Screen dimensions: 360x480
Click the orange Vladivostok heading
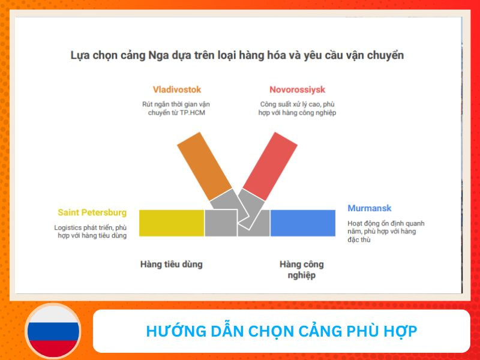point(177,90)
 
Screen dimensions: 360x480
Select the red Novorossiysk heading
point(297,90)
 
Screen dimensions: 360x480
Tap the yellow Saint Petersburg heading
point(92,212)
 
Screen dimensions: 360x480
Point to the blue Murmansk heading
point(370,208)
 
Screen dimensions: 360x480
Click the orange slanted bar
point(204,166)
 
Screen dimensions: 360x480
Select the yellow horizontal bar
point(172,223)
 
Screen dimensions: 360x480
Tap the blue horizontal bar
point(302,223)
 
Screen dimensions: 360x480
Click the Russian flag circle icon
point(53,331)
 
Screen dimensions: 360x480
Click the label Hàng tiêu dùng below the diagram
point(171,264)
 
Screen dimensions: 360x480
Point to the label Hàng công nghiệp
point(301,269)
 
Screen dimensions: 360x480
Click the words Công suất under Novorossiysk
point(274,104)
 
